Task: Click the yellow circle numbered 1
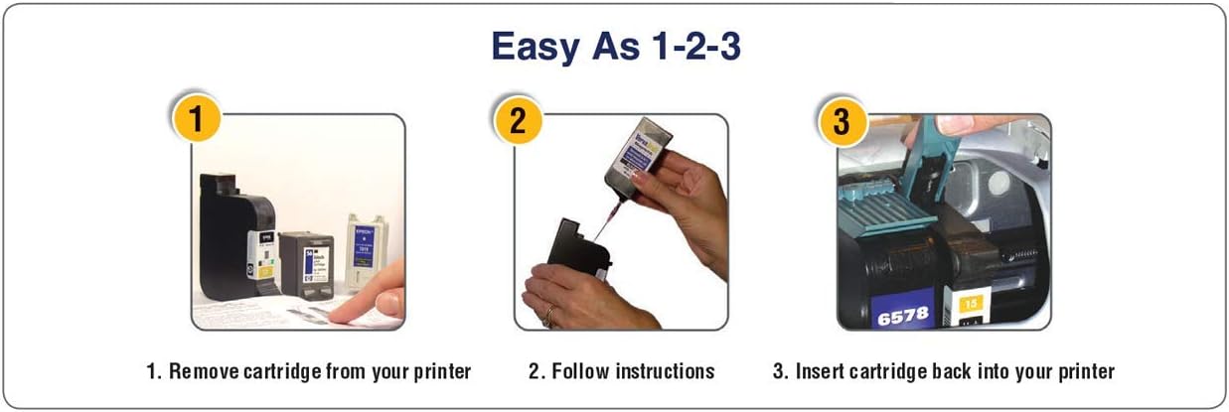pyautogui.click(x=195, y=121)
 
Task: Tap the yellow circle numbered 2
pyautogui.click(x=518, y=121)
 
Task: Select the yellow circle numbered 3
pyautogui.click(x=841, y=121)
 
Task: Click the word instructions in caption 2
pyautogui.click(x=665, y=372)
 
